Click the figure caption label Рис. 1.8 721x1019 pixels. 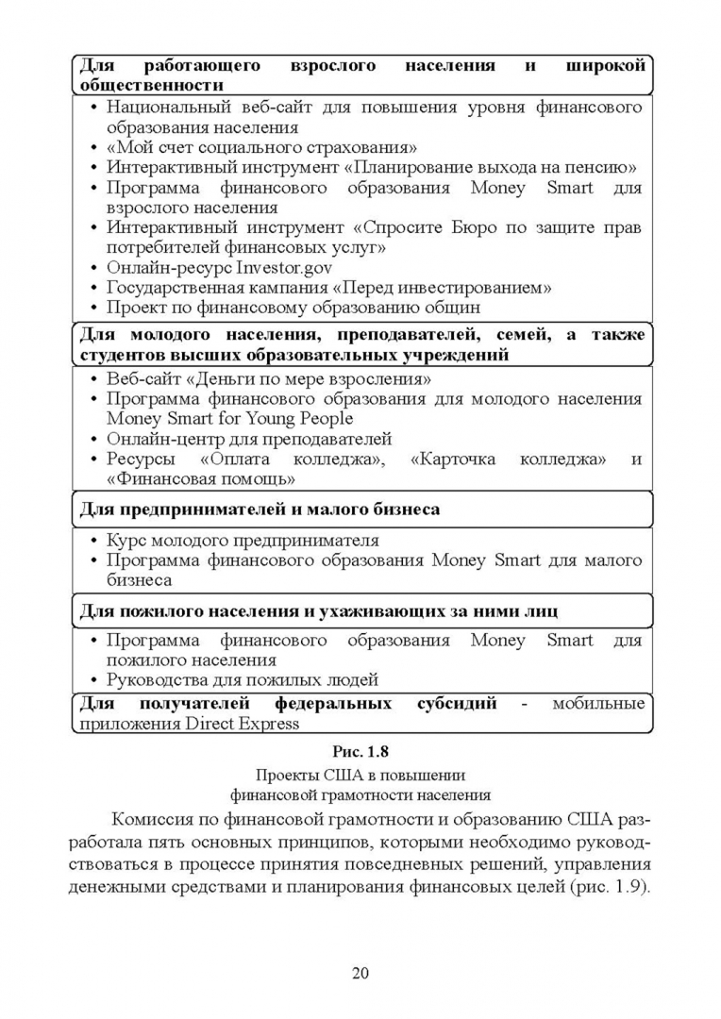[x=360, y=752]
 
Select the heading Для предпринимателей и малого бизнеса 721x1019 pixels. [x=258, y=509]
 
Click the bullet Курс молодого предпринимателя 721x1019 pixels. [x=243, y=541]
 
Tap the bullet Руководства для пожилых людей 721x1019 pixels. [x=243, y=679]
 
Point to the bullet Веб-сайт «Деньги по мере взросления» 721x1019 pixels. [x=269, y=379]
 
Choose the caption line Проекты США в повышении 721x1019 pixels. [x=360, y=776]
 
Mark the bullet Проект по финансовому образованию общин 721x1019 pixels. [x=293, y=307]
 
